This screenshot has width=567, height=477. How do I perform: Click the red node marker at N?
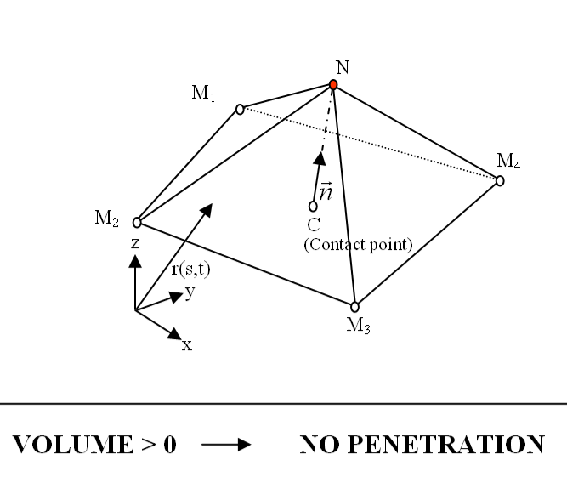pos(334,84)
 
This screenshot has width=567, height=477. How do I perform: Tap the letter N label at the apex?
pos(341,68)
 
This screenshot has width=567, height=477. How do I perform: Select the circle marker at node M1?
pos(240,109)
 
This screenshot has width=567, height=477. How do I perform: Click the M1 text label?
pos(203,94)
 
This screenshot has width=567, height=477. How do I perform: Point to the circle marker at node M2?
pos(137,223)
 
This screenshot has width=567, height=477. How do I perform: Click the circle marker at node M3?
pos(355,307)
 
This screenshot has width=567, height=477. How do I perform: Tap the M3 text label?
pos(358,325)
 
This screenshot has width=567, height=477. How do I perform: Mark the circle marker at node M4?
pos(500,180)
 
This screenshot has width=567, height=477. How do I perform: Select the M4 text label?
pos(508,162)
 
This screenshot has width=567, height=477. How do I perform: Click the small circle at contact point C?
pos(314,206)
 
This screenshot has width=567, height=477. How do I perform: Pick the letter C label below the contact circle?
pos(314,226)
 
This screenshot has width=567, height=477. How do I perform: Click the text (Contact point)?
pos(357,245)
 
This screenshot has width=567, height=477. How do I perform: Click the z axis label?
pos(135,242)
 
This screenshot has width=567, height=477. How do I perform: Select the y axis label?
pos(190,292)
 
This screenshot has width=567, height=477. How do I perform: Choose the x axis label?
pos(186,345)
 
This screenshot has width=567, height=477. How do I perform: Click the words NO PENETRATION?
pos(422,445)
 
